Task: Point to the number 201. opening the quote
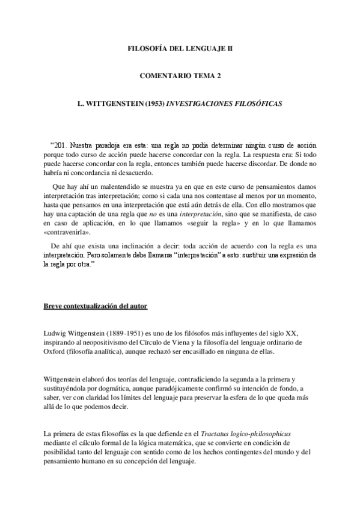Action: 61,146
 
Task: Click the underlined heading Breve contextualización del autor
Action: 95,306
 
